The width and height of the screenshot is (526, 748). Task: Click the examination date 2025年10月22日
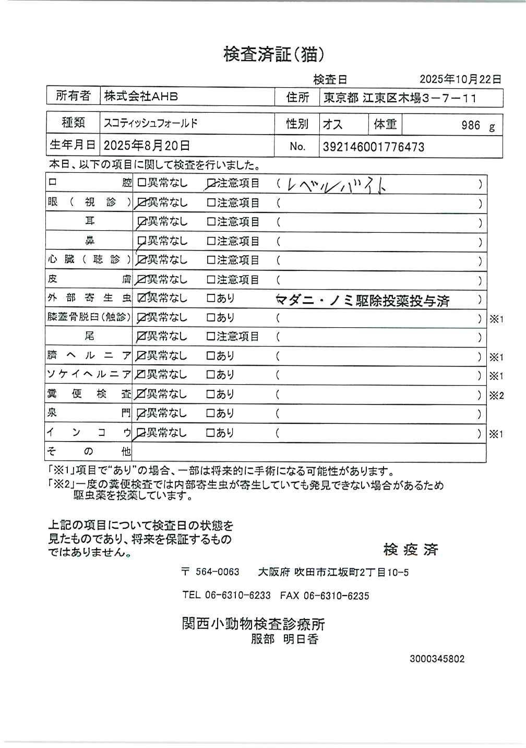point(460,79)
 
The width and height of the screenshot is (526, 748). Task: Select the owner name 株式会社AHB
point(141,96)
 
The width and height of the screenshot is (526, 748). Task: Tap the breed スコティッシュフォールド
point(151,124)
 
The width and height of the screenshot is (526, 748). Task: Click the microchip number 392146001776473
point(373,147)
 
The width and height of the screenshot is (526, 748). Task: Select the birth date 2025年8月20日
point(147,145)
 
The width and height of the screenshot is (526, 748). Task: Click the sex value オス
point(332,124)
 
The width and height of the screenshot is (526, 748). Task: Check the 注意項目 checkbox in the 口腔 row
point(211,184)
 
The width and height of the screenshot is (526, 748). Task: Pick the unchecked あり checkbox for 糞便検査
point(211,394)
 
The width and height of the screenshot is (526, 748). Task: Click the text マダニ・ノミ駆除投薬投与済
point(362,301)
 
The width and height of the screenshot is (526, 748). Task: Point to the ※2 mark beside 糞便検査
point(496,396)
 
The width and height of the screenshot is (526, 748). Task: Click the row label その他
point(89,451)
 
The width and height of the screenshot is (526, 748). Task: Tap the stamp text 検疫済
point(411,549)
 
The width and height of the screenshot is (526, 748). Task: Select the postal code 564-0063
point(217,572)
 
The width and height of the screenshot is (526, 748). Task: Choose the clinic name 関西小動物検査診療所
point(253,624)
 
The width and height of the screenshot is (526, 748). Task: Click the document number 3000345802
point(437,659)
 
